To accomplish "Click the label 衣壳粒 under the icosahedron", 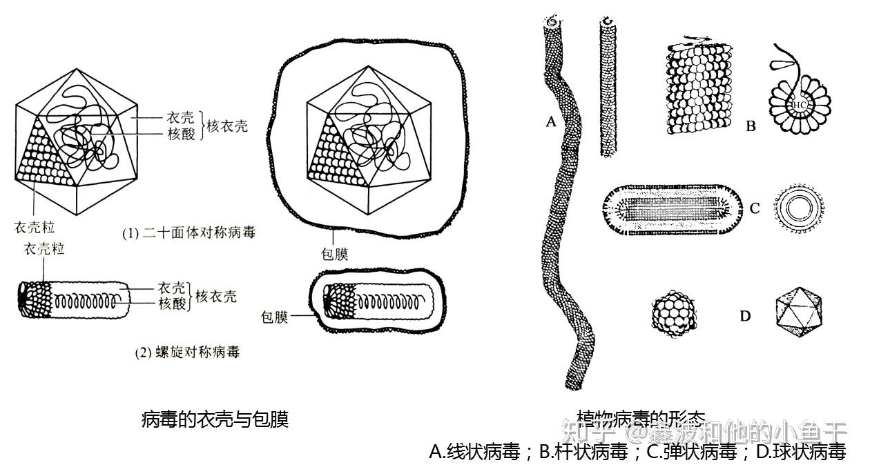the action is point(35,226).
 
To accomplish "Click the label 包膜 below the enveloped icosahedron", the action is point(333,253).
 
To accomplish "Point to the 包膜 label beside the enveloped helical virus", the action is point(274,317).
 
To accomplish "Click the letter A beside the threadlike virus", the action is point(550,123).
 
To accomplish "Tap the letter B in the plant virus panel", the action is point(751,126).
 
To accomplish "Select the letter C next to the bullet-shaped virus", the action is point(755,208).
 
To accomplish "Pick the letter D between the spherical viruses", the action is point(745,316).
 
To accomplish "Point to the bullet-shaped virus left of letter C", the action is point(670,208).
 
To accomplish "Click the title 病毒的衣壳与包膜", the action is point(214,419).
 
